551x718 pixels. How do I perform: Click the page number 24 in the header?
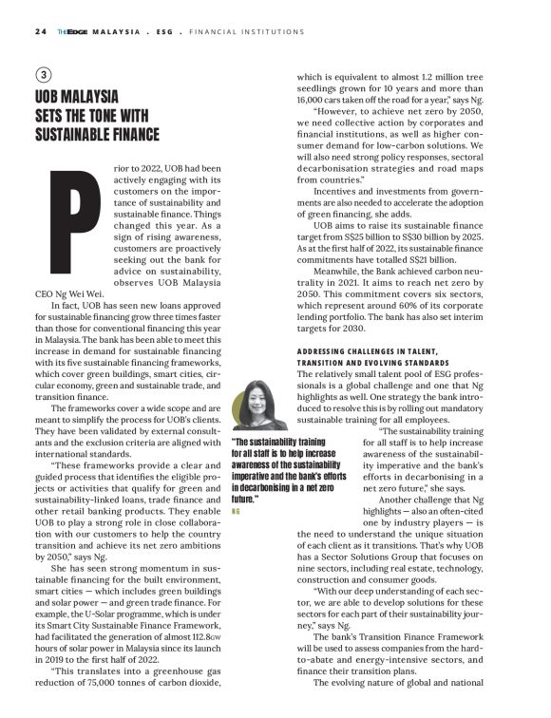pos(41,31)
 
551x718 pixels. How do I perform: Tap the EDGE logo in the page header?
pos(75,31)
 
